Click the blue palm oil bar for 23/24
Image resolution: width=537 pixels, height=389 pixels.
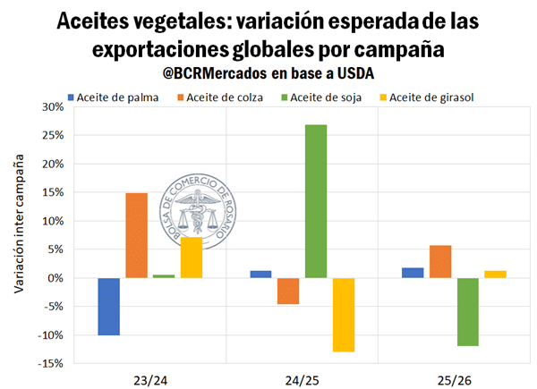click(x=109, y=306)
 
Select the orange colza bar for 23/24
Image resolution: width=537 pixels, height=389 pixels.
click(x=136, y=235)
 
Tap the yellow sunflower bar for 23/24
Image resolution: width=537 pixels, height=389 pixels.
click(x=191, y=258)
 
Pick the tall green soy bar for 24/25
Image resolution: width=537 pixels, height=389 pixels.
click(x=316, y=201)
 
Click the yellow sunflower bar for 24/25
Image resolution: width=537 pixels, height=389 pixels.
click(x=343, y=314)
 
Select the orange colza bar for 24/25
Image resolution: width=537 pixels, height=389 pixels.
click(x=288, y=291)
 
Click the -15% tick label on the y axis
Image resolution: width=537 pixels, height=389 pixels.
click(x=50, y=364)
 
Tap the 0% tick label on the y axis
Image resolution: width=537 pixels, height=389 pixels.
click(x=55, y=278)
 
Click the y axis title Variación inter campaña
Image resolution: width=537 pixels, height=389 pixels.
click(x=19, y=227)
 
